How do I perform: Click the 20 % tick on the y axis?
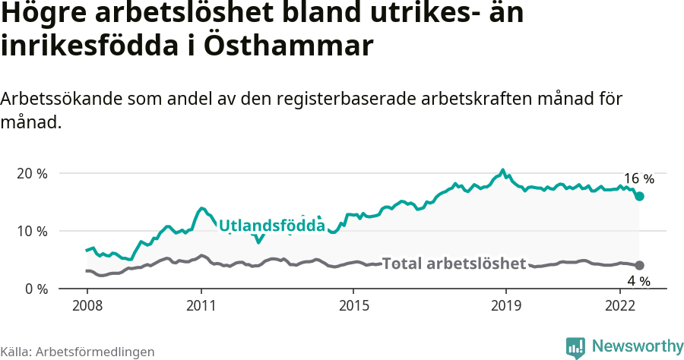pyautogui.click(x=31, y=173)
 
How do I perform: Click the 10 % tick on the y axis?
pyautogui.click(x=31, y=231)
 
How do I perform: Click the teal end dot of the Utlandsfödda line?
pyautogui.click(x=639, y=196)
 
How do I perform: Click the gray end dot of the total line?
pyautogui.click(x=639, y=265)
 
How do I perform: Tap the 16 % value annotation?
pyautogui.click(x=638, y=179)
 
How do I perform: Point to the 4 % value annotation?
pyautogui.click(x=638, y=281)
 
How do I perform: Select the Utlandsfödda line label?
pyautogui.click(x=271, y=226)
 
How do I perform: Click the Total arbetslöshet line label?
pyautogui.click(x=454, y=264)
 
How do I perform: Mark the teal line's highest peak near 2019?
pyautogui.click(x=502, y=170)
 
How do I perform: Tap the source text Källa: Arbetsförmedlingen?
pyautogui.click(x=78, y=352)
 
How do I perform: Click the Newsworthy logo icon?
pyautogui.click(x=575, y=347)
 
